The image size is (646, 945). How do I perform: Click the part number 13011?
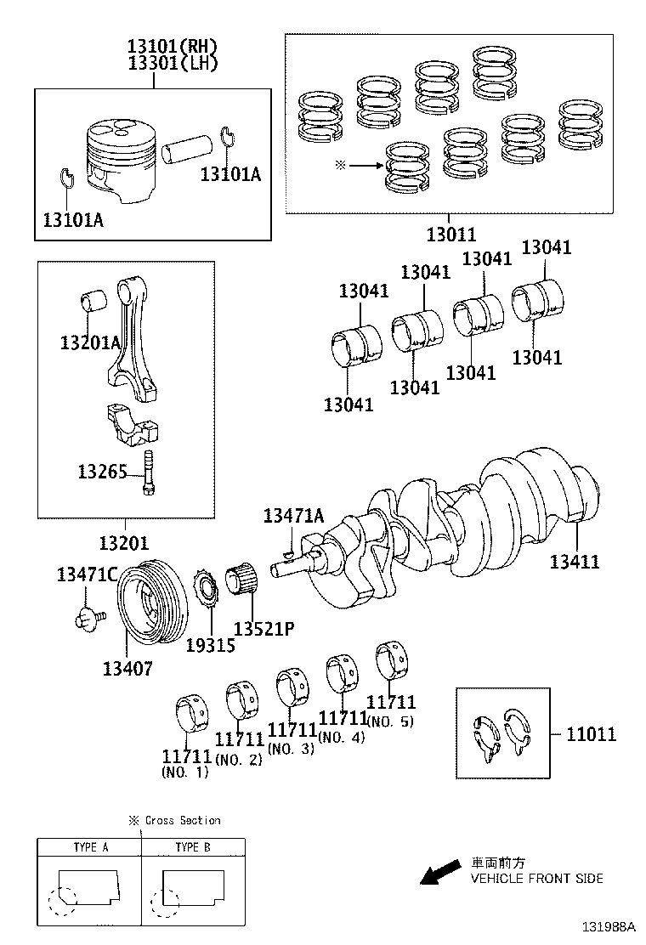(450, 234)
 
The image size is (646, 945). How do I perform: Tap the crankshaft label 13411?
(575, 561)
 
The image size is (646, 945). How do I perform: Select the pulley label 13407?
(127, 668)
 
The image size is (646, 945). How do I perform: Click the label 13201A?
(90, 342)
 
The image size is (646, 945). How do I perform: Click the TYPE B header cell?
(193, 846)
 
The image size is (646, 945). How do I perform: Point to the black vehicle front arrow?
(439, 872)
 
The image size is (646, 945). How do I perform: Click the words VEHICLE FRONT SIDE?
(537, 878)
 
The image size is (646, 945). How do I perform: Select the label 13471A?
(293, 515)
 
